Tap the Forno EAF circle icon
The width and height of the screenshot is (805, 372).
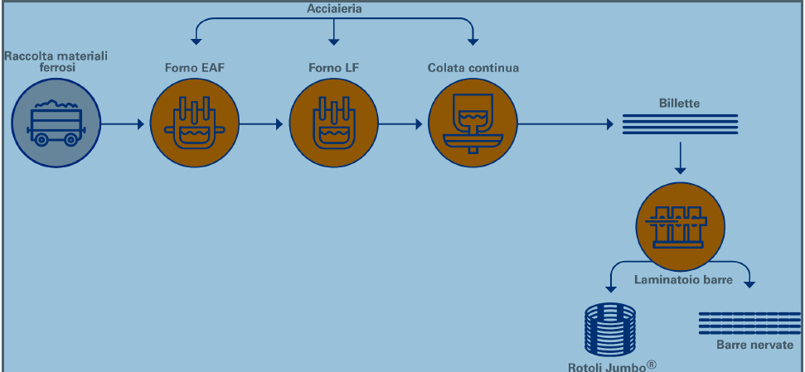193,125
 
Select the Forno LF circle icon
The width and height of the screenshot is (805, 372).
332,125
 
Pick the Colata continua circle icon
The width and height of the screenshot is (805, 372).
471,125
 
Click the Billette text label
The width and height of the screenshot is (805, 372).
679,104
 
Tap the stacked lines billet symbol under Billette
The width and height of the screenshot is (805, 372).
680,123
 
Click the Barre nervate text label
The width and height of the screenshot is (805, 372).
754,345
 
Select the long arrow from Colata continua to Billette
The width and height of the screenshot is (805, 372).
564,125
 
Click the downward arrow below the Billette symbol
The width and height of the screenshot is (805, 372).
680,157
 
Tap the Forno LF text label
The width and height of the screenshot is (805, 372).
332,68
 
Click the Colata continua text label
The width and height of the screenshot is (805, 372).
473,68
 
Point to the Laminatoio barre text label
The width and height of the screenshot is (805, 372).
682,280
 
